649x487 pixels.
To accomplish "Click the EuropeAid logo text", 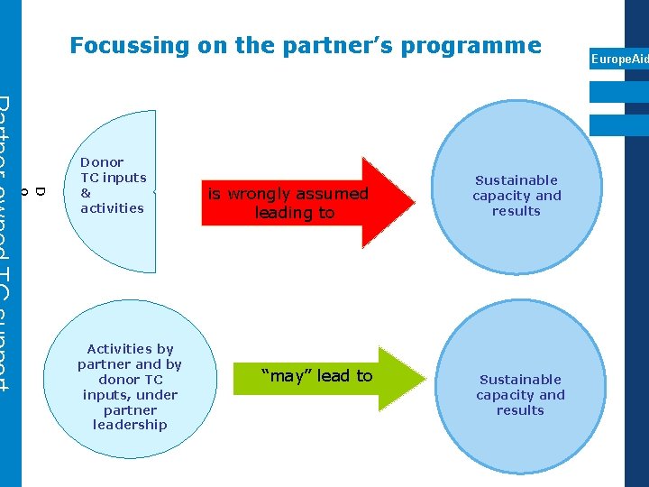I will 618,60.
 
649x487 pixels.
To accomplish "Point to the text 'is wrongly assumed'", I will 288,194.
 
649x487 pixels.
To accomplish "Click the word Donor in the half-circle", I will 102,162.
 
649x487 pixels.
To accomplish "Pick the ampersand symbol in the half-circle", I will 86,193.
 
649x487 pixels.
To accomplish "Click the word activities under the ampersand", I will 112,208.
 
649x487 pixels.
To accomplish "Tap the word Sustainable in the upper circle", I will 516,180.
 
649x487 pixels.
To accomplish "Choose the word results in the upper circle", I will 516,211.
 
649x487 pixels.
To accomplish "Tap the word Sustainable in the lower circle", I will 520,380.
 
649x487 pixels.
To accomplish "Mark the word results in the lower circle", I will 520,410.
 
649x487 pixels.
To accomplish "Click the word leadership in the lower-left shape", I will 130,425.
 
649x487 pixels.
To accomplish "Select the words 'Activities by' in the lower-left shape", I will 130,349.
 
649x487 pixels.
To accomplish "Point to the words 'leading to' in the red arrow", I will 294,213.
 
